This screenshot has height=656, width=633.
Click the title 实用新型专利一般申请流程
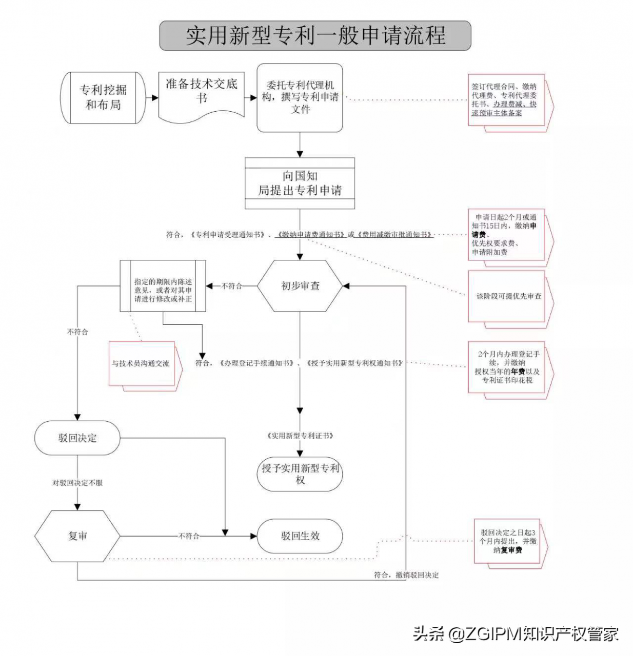[x=315, y=36]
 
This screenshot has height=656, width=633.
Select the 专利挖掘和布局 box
[x=103, y=97]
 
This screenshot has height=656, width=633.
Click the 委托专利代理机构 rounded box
[x=300, y=97]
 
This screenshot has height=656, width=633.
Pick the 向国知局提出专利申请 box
[x=300, y=183]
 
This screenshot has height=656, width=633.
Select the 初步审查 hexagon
[x=300, y=286]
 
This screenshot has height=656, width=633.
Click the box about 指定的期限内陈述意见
[x=163, y=286]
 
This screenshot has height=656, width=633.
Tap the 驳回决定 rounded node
[x=77, y=438]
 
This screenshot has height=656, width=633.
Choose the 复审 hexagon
[x=77, y=536]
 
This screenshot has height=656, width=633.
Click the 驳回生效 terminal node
[x=300, y=536]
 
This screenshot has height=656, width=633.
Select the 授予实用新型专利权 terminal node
[x=300, y=474]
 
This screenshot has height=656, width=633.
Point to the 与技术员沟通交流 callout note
[x=142, y=363]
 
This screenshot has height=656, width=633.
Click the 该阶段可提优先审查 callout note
[x=508, y=296]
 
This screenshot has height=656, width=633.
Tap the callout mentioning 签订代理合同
[x=505, y=100]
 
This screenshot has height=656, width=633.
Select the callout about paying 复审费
[x=508, y=542]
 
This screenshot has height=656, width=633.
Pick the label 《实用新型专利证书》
[x=300, y=436]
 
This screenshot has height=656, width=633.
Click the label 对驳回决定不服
[x=77, y=483]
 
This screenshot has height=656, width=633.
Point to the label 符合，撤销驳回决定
[x=406, y=575]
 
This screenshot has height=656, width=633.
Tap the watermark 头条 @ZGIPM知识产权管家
[x=516, y=634]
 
